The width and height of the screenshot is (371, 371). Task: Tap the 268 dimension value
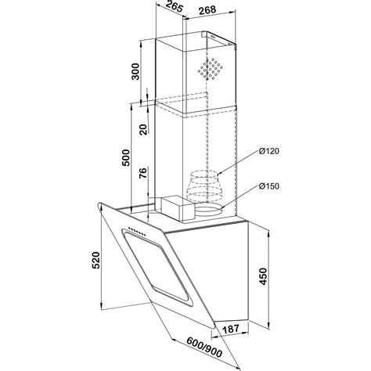click(x=207, y=10)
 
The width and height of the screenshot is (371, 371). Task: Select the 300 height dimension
click(x=135, y=71)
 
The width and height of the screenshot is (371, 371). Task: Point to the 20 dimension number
click(x=143, y=129)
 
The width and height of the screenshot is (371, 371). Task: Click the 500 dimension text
click(x=125, y=157)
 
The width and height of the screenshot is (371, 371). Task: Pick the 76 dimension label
click(x=143, y=173)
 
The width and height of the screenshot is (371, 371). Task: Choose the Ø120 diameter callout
click(x=269, y=151)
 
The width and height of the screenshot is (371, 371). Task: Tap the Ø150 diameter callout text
click(x=269, y=186)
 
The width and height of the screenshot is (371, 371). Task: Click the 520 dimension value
click(x=95, y=260)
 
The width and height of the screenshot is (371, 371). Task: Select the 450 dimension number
click(x=264, y=276)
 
